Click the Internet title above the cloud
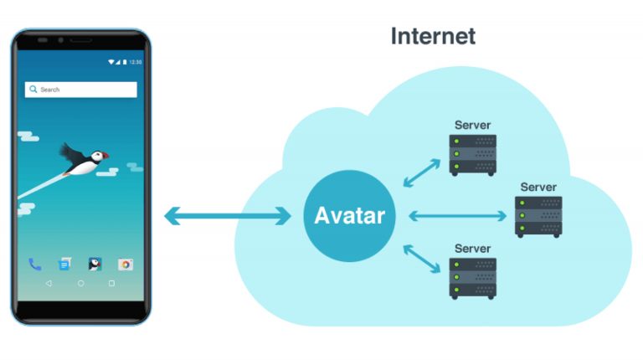pyautogui.click(x=433, y=36)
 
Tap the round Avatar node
pyautogui.click(x=349, y=216)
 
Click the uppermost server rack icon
pyautogui.click(x=472, y=154)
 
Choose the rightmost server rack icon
pyautogui.click(x=538, y=216)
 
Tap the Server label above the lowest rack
pyautogui.click(x=472, y=249)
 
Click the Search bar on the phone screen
pyautogui.click(x=80, y=90)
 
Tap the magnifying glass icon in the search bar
pyautogui.click(x=33, y=90)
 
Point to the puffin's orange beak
pyautogui.click(x=105, y=155)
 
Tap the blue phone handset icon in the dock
pyautogui.click(x=34, y=265)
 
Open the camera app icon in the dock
pyautogui.click(x=126, y=265)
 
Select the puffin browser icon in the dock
pyautogui.click(x=95, y=265)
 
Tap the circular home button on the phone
pyautogui.click(x=80, y=284)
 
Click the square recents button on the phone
pyautogui.click(x=111, y=284)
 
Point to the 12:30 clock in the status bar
pyautogui.click(x=136, y=62)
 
